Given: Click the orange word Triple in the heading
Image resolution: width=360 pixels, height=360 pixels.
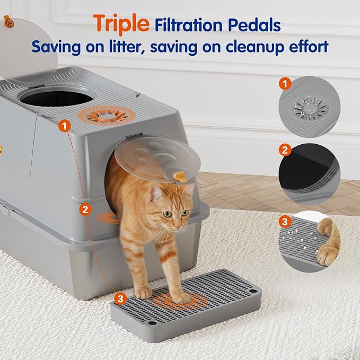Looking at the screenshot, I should (x=122, y=23).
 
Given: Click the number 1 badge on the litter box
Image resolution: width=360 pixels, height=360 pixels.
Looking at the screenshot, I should (x=65, y=126).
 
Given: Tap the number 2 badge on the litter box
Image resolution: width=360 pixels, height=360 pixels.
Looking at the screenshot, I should (x=85, y=209).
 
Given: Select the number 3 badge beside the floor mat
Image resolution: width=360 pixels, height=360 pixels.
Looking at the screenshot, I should (x=120, y=299).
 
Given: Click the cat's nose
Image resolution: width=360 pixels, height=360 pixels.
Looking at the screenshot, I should (x=175, y=223).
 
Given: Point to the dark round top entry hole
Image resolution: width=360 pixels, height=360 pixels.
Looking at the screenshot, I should (x=58, y=98).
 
